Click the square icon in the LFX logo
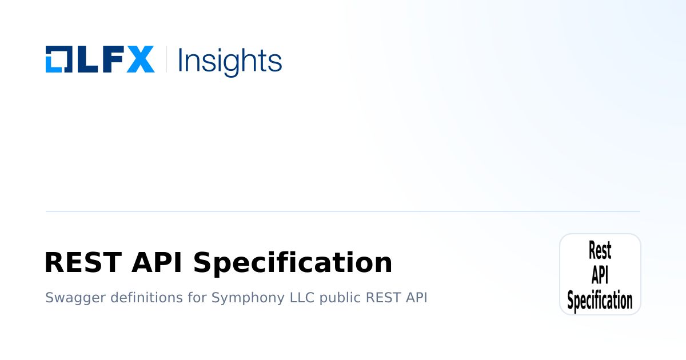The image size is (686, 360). pos(58,59)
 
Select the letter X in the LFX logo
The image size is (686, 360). pos(140,59)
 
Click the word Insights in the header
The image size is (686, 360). pos(230,60)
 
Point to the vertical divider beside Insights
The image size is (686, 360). pos(166,59)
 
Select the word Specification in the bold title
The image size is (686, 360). pos(293,263)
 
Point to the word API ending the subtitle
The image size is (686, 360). pos(416,298)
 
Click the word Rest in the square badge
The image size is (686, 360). pos(600,250)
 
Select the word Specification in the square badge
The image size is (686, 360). pos(600,301)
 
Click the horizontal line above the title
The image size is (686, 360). pos(343,211)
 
